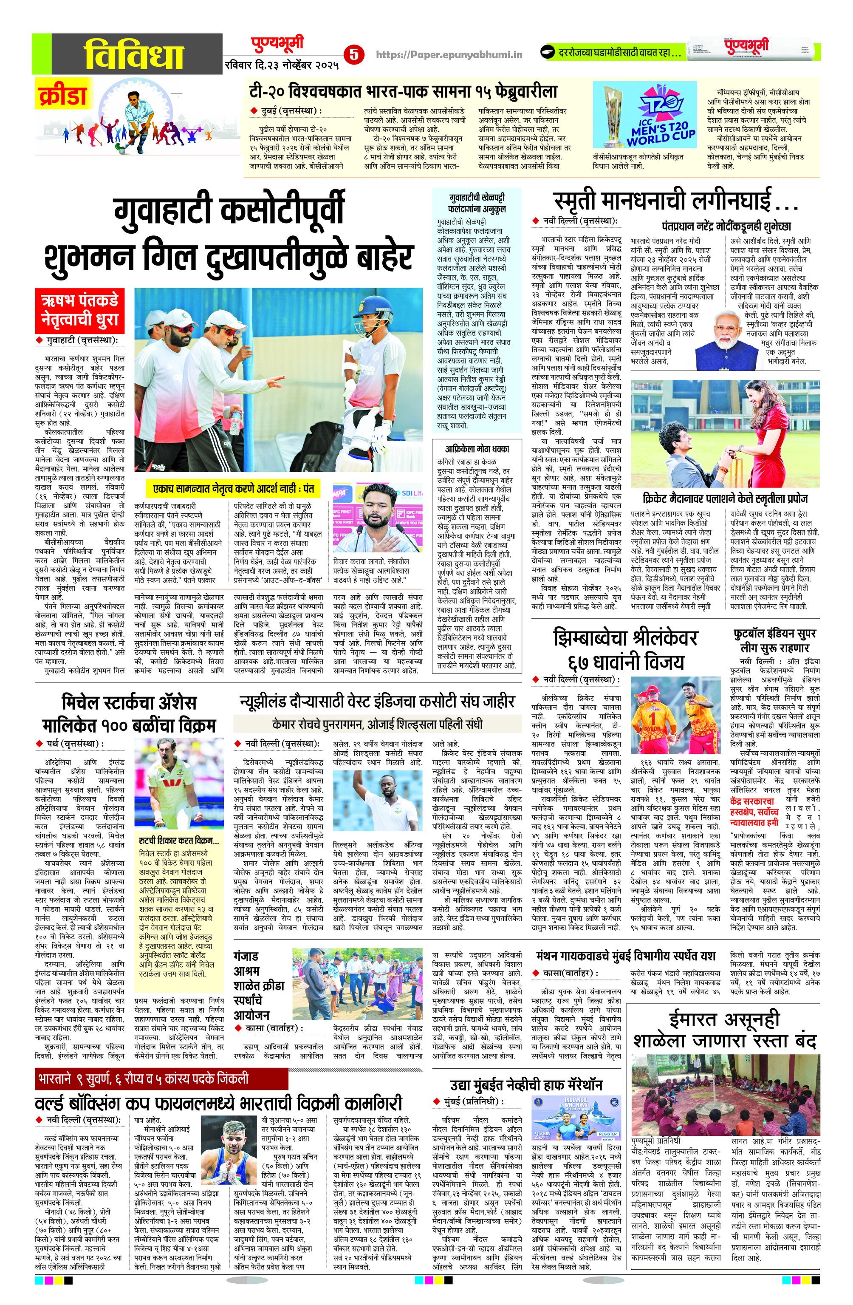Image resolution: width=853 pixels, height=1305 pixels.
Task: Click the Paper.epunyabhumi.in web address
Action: pos(449,55)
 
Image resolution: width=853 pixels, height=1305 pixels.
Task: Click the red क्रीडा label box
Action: pos(62,94)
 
